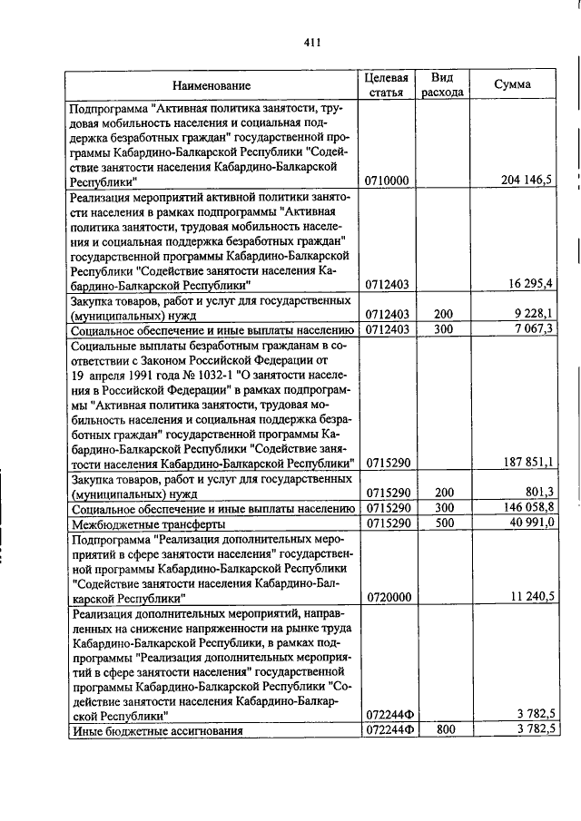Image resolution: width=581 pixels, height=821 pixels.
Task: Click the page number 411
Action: click(312, 41)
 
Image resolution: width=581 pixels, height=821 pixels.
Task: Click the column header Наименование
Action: click(211, 85)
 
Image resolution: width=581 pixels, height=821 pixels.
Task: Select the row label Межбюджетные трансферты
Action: click(135, 523)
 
